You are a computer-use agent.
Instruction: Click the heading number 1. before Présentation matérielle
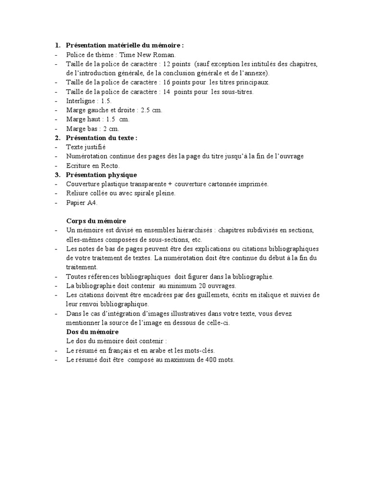(x=57, y=46)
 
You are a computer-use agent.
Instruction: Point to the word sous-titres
(x=237, y=92)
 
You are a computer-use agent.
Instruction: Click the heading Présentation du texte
(x=101, y=138)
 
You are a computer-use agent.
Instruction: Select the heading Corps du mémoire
(x=96, y=221)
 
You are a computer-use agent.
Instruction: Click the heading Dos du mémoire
(x=92, y=332)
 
